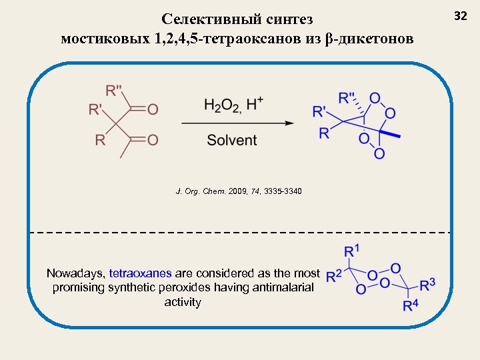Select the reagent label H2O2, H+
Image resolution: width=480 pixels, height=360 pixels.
pos(233,105)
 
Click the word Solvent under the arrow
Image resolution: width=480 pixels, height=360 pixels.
pos(232,140)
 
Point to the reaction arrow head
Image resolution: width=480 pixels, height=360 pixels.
pos(290,123)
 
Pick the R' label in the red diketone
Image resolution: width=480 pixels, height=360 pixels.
pos(96,109)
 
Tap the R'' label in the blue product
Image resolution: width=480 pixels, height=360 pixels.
pos(347,97)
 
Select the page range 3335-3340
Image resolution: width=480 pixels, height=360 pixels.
pos(283,192)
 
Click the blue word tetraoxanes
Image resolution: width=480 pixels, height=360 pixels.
pos(140,273)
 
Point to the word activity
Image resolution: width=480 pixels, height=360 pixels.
pos(182,302)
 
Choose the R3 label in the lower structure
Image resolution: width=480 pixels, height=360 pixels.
pos(428,284)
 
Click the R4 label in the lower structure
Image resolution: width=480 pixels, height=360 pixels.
pos(412,306)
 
